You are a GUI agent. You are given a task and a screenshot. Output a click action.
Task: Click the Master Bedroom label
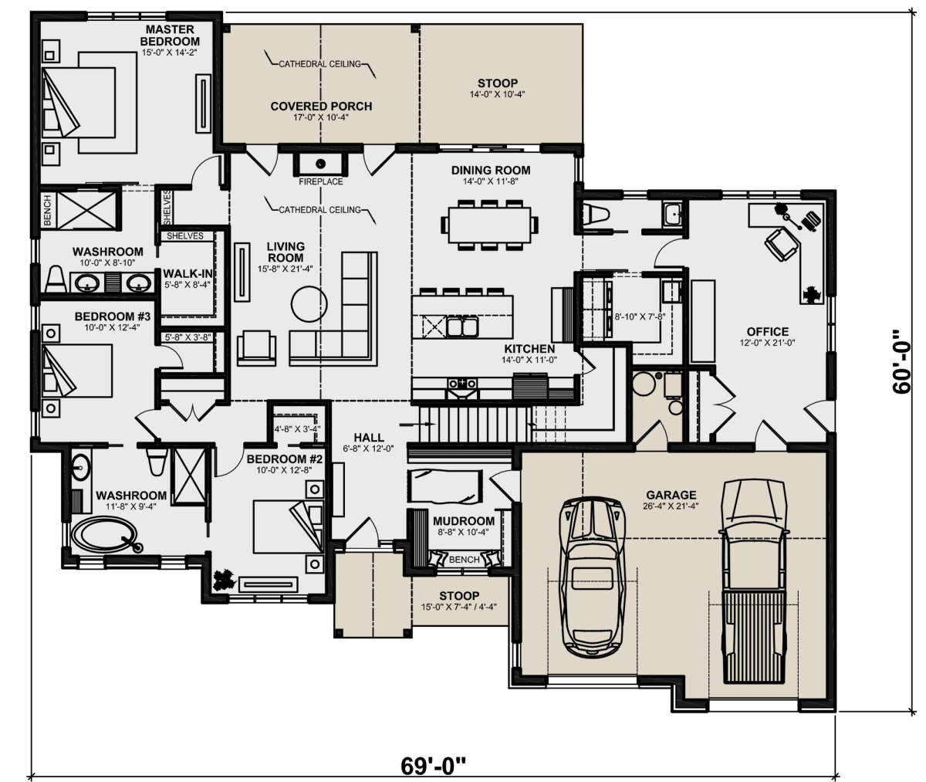(x=170, y=35)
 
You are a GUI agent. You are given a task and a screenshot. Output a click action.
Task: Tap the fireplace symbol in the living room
(x=320, y=164)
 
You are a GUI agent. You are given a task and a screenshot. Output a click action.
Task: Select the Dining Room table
(x=489, y=225)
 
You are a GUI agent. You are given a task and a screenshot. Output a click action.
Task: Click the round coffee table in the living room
(x=309, y=304)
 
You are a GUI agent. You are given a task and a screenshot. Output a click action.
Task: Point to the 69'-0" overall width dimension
(x=433, y=766)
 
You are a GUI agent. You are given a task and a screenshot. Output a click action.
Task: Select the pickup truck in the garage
(x=754, y=583)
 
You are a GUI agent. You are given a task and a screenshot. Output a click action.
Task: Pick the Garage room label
(x=671, y=494)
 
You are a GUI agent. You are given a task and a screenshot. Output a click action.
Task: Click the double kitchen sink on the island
(x=462, y=327)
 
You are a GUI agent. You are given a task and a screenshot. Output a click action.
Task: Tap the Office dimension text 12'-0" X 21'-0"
(x=767, y=343)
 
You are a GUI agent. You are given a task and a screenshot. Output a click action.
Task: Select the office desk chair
(x=782, y=245)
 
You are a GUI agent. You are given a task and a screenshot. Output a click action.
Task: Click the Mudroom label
(x=464, y=521)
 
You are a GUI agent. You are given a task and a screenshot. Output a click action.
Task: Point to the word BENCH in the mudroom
(x=465, y=560)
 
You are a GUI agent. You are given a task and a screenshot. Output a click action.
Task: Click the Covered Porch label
(x=321, y=107)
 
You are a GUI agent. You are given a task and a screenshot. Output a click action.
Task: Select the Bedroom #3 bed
(x=77, y=371)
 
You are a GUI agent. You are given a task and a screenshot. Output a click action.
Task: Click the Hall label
(x=369, y=438)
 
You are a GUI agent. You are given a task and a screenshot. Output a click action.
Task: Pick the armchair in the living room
(x=256, y=348)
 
